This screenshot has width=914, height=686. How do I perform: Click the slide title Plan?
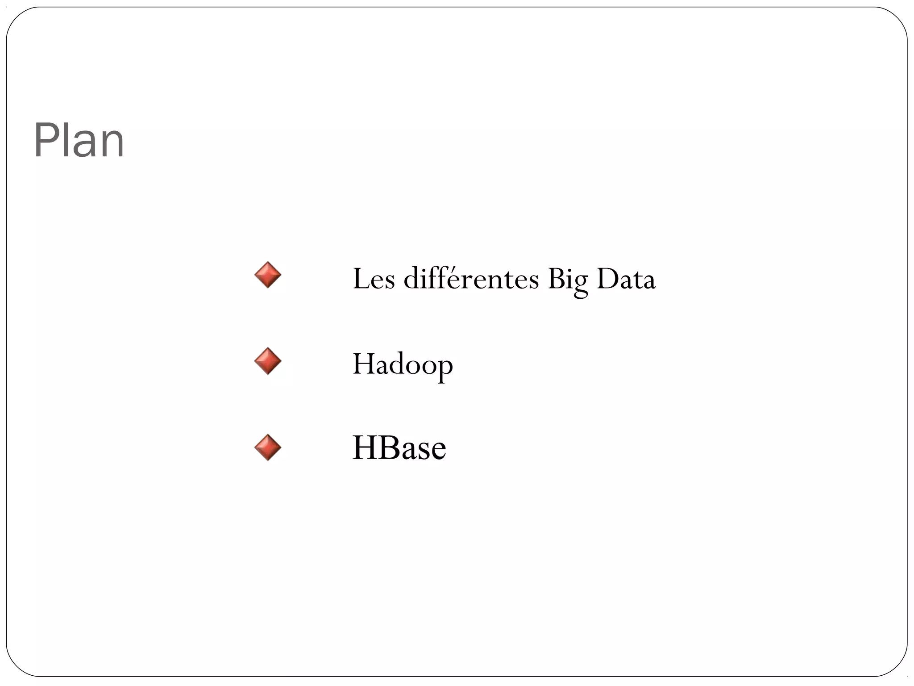click(x=79, y=141)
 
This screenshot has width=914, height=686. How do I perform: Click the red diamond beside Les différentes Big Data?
click(x=268, y=275)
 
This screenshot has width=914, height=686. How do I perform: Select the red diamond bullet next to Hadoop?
click(x=268, y=361)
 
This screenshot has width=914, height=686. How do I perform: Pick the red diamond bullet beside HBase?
click(x=268, y=447)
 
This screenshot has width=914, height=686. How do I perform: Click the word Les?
click(x=374, y=279)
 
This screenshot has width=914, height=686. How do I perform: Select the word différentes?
click(x=471, y=278)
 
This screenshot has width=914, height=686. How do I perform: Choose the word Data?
click(x=626, y=279)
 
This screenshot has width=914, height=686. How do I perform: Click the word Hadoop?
click(x=403, y=364)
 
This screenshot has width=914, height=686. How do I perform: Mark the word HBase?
click(x=399, y=448)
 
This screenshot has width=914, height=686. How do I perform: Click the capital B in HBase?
click(x=390, y=448)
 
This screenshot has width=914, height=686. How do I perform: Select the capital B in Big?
click(x=556, y=279)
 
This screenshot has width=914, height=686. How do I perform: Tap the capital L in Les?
click(x=360, y=279)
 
